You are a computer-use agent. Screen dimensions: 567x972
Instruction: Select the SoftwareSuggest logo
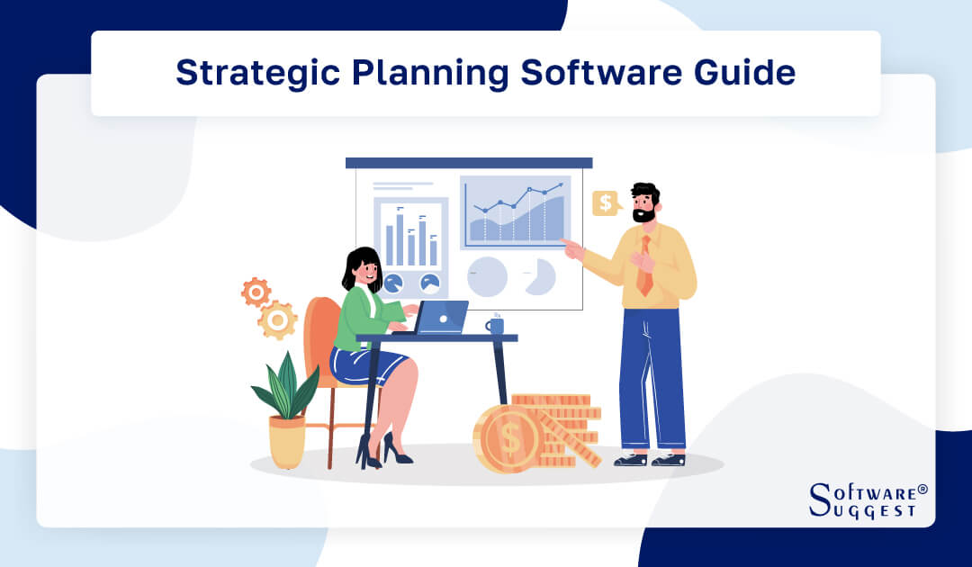point(867,499)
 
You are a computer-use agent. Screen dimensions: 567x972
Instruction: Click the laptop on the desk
point(441,318)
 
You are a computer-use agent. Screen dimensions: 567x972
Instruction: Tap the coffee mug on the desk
point(495,325)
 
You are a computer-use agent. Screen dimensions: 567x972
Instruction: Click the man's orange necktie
point(645,267)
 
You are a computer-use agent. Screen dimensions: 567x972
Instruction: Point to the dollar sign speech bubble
point(606,203)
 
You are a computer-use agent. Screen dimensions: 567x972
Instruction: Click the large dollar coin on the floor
point(509,439)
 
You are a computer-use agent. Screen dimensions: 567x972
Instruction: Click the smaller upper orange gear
point(256,292)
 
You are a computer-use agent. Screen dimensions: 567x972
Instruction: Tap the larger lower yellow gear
point(278,319)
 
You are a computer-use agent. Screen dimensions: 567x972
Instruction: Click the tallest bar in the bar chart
point(400,239)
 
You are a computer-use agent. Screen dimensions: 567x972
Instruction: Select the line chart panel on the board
point(516,212)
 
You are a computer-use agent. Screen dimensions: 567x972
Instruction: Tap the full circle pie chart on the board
point(488,276)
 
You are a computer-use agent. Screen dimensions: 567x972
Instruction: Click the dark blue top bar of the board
point(469,163)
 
